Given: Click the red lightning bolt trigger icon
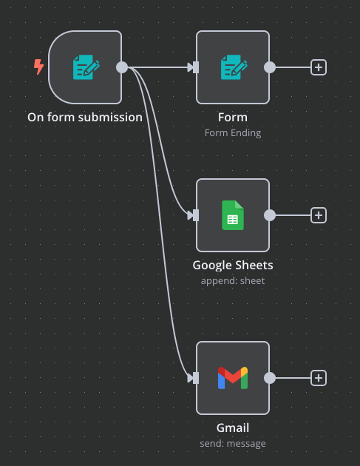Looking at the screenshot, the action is click(38, 67).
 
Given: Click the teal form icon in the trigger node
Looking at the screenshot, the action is click(86, 67).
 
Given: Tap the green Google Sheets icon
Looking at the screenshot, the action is click(233, 215).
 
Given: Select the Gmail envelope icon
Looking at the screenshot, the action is click(233, 378).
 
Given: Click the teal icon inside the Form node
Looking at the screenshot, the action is click(234, 67).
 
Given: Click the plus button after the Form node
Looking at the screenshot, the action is click(319, 67).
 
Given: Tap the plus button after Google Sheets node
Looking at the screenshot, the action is click(319, 215).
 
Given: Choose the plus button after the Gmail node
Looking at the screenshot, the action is click(319, 378).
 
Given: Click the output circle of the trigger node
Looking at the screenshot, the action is click(122, 67).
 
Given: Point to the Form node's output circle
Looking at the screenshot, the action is click(270, 67).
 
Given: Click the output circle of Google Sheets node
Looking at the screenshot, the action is click(270, 215).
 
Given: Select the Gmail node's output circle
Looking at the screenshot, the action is click(270, 378).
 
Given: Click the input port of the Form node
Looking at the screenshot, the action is click(195, 67).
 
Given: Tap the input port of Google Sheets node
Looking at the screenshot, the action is click(195, 215).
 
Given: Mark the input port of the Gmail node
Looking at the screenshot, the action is click(195, 378).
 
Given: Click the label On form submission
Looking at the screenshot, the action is click(85, 118).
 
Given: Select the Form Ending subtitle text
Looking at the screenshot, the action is click(233, 133).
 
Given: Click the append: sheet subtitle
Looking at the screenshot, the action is click(233, 281).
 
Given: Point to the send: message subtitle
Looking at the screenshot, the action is click(233, 443).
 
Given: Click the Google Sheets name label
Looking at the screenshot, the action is click(233, 266).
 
